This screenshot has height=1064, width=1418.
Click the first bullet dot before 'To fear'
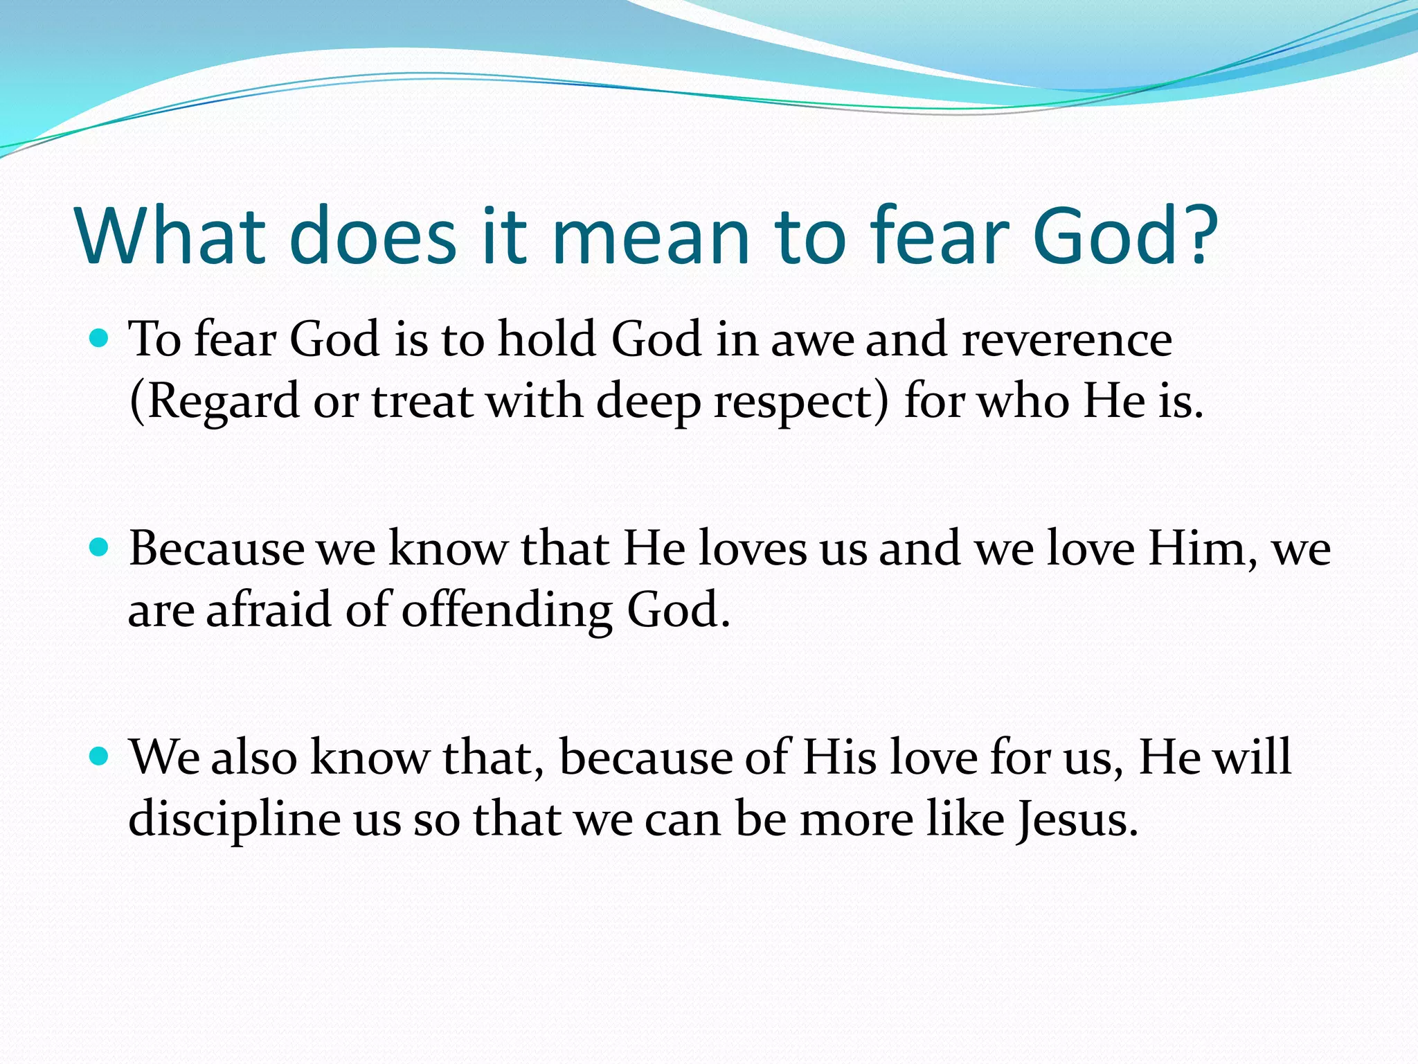coord(100,338)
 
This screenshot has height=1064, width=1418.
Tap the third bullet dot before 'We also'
coord(100,756)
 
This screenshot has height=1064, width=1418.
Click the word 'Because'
coord(217,549)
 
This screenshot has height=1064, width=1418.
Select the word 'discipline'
coord(235,819)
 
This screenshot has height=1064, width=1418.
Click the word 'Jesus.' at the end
coord(1077,819)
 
